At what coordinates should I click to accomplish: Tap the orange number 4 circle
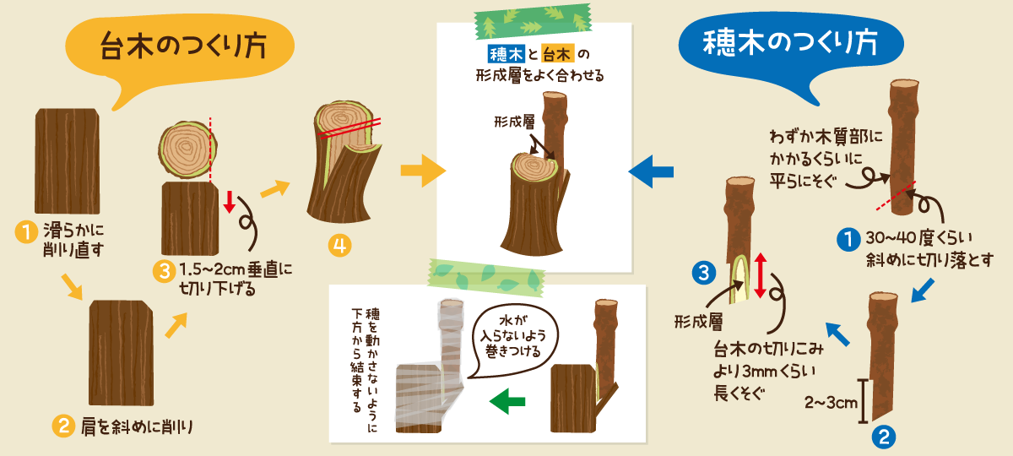pos(339,246)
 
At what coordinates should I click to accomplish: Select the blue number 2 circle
pos(884,437)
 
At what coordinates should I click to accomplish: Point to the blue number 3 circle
pos(704,274)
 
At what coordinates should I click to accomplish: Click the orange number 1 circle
pos(26,232)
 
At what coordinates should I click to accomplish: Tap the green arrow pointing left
pos(507,401)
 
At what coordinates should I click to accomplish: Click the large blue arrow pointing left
pos(651,171)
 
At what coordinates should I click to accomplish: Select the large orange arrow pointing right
pos(423,171)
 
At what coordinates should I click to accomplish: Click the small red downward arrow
pos(230,202)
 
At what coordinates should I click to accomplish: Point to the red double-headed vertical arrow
pos(761,275)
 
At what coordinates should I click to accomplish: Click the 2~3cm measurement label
pos(831,402)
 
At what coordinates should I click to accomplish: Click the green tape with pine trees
pos(533,22)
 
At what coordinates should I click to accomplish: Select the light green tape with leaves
pos(486,277)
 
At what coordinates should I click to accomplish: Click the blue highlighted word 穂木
pos(506,54)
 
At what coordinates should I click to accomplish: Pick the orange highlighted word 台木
pos(557,54)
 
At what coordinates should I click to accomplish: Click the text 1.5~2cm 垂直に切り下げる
pos(236,280)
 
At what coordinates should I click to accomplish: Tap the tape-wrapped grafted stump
pos(430,366)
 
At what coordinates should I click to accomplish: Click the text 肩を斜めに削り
pos(137,427)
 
